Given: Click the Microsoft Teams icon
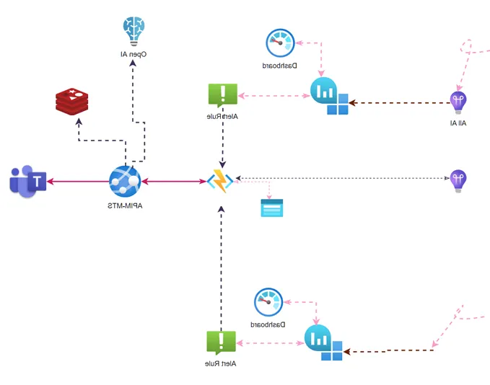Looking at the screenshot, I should [28, 180].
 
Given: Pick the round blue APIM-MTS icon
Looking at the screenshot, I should [123, 180].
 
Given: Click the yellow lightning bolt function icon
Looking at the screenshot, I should [220, 180].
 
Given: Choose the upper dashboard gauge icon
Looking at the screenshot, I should [279, 43].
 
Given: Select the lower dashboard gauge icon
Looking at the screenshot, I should [269, 302].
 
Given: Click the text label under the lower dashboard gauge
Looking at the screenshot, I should [268, 324].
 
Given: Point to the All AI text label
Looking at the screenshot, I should [458, 123].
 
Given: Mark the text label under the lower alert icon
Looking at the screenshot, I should [221, 363].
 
